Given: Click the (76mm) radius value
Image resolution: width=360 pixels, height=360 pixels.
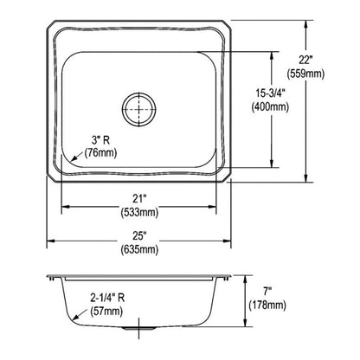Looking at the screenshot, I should [x=101, y=154].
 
